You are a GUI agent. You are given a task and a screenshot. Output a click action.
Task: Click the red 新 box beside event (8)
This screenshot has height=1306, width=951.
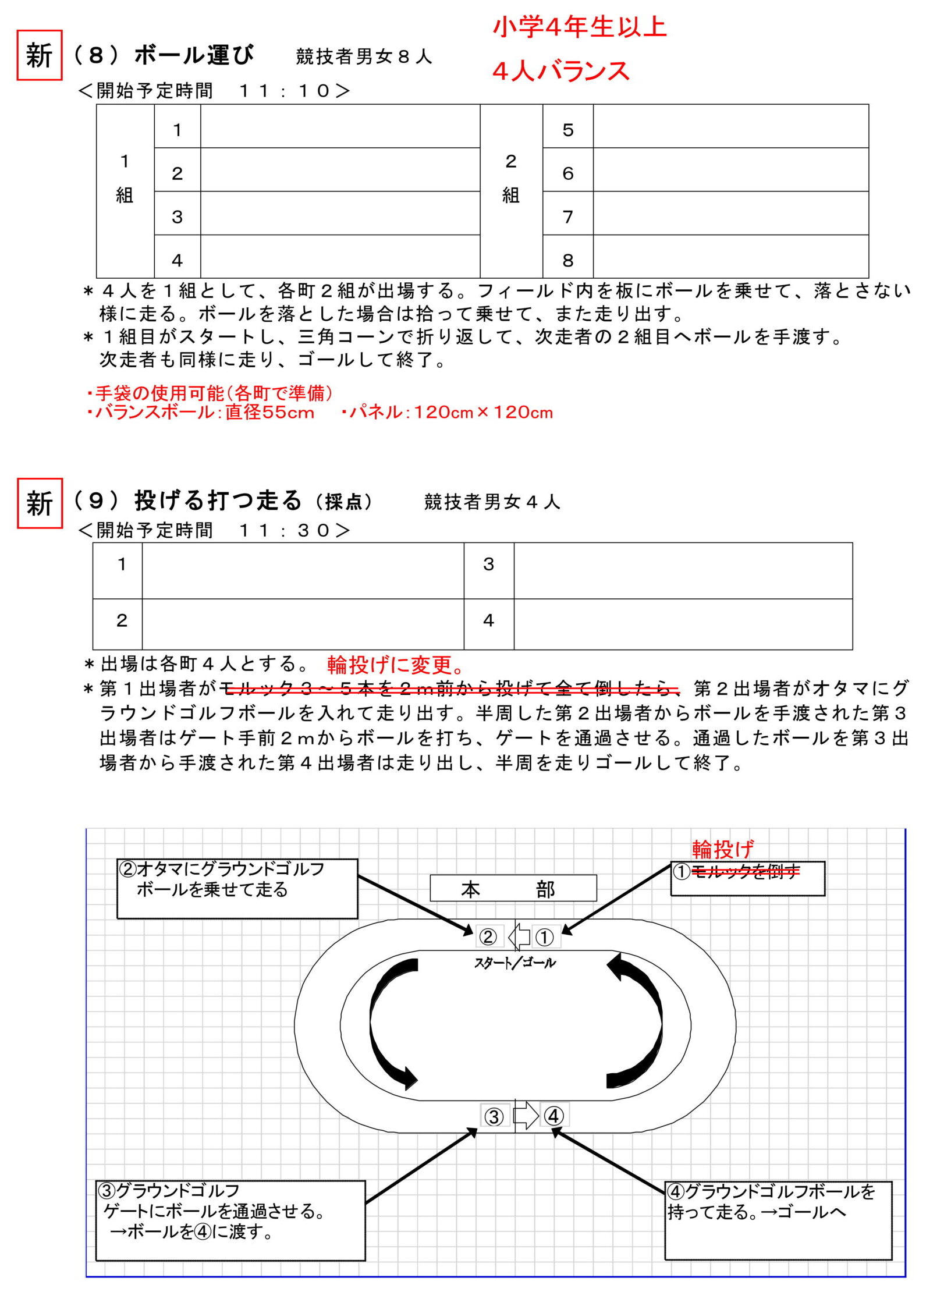(x=39, y=55)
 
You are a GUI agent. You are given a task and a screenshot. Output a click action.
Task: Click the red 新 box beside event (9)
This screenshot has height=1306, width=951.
(x=40, y=503)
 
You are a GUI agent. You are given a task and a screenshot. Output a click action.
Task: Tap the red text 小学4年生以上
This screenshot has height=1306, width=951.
(x=579, y=27)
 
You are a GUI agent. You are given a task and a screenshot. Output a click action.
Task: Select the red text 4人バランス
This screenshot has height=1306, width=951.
(x=560, y=71)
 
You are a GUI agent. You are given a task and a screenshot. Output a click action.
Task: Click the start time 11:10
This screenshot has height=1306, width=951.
(x=285, y=91)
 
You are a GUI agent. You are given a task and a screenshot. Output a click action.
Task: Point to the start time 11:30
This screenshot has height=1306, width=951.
(x=285, y=530)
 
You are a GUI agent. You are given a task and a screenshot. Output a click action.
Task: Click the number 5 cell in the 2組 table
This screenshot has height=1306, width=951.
(x=567, y=130)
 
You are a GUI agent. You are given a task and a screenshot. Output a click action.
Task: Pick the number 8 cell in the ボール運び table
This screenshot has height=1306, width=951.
(x=567, y=260)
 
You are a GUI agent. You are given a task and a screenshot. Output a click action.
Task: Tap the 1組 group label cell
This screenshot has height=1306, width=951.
(x=125, y=178)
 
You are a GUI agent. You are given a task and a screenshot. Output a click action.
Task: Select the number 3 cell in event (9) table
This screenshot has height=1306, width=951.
(x=488, y=564)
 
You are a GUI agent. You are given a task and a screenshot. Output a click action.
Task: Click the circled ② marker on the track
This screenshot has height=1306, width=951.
(x=488, y=936)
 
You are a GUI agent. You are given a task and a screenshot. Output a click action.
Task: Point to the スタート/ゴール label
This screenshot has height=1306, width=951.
(x=514, y=963)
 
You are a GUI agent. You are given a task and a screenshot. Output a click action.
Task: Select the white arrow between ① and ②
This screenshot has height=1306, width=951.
(x=519, y=936)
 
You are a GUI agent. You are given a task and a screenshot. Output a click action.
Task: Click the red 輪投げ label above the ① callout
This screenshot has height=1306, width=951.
(x=723, y=850)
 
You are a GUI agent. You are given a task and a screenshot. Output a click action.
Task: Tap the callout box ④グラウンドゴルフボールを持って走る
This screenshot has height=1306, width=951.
(x=778, y=1219)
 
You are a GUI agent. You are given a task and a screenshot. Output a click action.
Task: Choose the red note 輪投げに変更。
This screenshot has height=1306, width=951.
(x=396, y=664)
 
